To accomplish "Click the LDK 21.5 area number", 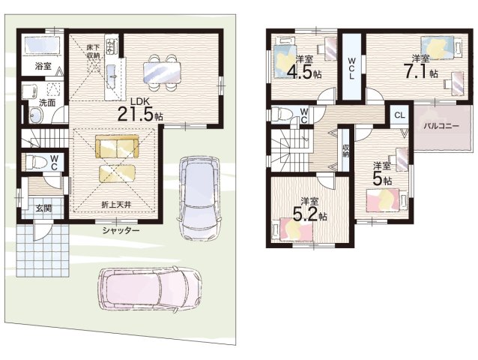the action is [x=136, y=115].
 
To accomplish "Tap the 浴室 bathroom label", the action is [x=43, y=66].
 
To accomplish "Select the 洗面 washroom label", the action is [x=47, y=103].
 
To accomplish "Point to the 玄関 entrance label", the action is [x=43, y=208].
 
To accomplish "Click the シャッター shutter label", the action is [x=121, y=230].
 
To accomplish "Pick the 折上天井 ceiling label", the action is [x=116, y=205].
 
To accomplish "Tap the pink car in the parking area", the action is [x=150, y=286].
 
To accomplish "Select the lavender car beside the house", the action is [x=200, y=199].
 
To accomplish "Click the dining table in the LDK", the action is [x=162, y=72].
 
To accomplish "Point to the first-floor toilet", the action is [x=36, y=162].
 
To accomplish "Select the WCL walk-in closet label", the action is [x=351, y=67].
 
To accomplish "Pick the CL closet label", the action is [x=399, y=115].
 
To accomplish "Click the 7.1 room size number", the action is [x=416, y=71].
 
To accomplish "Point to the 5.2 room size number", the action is [x=306, y=214].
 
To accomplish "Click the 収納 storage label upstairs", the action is [x=345, y=151].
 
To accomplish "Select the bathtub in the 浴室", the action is [x=43, y=46].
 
